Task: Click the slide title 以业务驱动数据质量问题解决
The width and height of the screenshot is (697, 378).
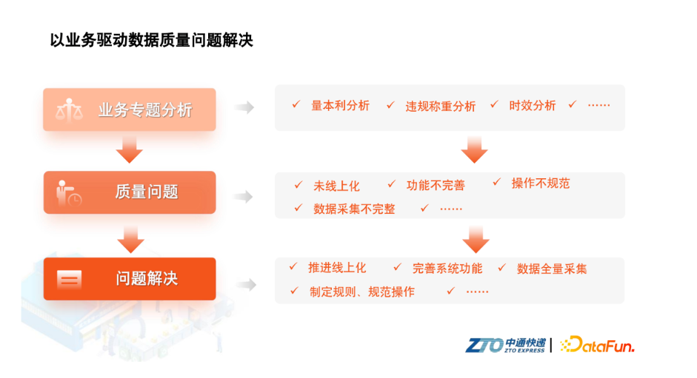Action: [151, 40]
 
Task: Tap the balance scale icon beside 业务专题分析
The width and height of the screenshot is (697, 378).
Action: [69, 110]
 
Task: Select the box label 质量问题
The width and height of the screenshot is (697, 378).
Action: [147, 192]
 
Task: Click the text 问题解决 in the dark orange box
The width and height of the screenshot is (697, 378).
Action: [147, 278]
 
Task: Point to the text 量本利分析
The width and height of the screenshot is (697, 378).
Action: [340, 106]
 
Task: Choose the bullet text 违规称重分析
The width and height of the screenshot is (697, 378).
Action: [441, 107]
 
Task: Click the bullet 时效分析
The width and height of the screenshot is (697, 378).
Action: [533, 106]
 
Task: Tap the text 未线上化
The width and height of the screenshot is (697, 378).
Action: [336, 186]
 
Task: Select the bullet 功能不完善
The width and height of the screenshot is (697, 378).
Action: [436, 185]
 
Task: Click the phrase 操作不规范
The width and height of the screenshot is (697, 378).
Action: [541, 183]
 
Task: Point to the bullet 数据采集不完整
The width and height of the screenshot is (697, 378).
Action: [354, 209]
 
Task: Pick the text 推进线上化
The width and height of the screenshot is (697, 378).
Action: [337, 268]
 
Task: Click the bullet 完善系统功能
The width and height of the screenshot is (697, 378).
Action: [447, 269]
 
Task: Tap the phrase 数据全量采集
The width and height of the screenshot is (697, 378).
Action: [552, 269]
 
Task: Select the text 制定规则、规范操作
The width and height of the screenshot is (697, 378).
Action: [362, 291]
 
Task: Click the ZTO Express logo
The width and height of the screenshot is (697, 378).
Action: [505, 345]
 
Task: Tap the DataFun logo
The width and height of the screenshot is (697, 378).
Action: [597, 344]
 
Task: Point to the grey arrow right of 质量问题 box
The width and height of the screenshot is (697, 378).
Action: [243, 196]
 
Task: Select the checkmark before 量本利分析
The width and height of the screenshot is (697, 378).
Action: [296, 104]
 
